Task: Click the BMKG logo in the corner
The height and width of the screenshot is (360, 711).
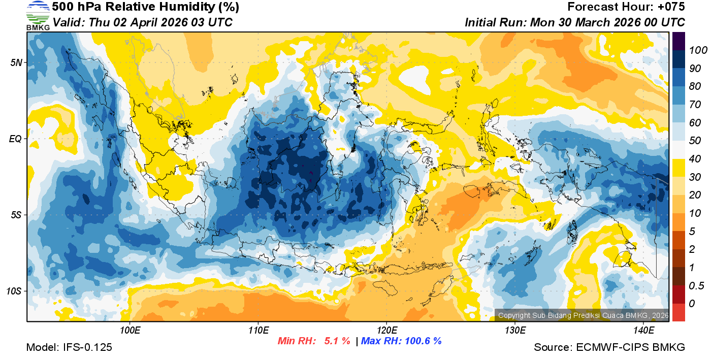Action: [x=38, y=15]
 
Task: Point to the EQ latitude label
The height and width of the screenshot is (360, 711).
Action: [x=15, y=139]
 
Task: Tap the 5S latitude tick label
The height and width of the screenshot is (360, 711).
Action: [x=15, y=215]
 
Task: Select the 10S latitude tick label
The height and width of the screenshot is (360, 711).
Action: [x=13, y=291]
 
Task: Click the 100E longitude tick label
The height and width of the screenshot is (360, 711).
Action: [x=130, y=331]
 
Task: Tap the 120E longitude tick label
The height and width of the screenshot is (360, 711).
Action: [x=386, y=331]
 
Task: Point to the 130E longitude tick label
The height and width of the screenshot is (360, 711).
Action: [x=514, y=331]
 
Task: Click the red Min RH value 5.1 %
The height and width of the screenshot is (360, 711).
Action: [x=337, y=341]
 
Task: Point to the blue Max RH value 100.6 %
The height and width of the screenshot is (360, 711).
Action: [x=422, y=341]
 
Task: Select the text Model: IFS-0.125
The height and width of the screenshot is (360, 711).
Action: [x=69, y=347]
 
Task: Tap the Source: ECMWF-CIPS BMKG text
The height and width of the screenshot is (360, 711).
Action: [x=609, y=347]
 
